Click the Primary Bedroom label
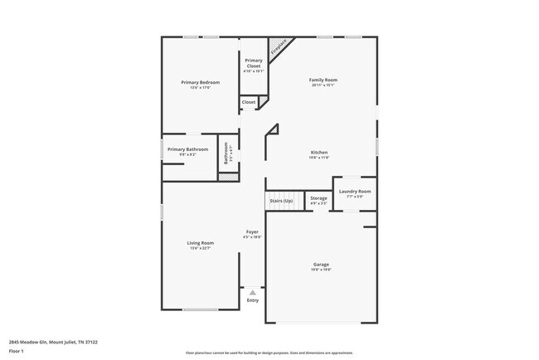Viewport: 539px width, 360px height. coord(201,82)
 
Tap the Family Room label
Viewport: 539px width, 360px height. coord(324,80)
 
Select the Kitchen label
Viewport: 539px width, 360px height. coord(319,153)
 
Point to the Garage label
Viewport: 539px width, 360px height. coord(321,265)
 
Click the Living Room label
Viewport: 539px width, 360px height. coord(202,243)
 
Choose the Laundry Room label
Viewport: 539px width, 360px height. coord(355,192)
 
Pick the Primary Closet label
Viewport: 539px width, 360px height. coord(254,62)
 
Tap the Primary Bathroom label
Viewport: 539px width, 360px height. coord(187,149)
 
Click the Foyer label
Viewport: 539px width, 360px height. coord(252,231)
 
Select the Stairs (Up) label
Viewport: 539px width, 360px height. coord(281,201)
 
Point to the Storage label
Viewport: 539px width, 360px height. coord(318,198)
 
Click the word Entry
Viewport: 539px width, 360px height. coord(253,300)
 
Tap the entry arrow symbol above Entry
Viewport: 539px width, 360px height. coord(253,292)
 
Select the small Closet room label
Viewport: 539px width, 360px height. coord(249,102)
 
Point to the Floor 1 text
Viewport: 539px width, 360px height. coord(17,349)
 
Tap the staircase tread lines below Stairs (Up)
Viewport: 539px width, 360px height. coord(281,208)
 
